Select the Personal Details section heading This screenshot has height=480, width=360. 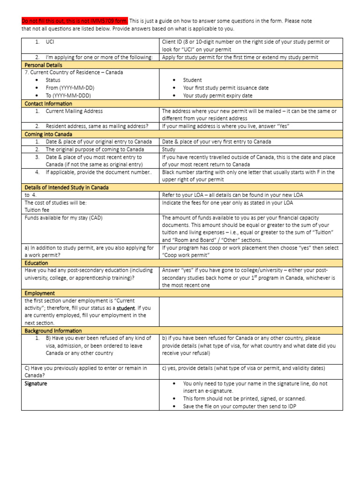click(x=43, y=65)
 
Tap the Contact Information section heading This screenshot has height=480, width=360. click(x=48, y=104)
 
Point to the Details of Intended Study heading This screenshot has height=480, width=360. click(x=66, y=187)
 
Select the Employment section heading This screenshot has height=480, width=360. click(x=40, y=293)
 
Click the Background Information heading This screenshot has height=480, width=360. click(x=53, y=331)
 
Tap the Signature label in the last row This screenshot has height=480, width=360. click(x=36, y=383)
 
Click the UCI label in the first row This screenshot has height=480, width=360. click(x=50, y=42)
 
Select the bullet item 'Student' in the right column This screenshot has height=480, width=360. click(x=192, y=80)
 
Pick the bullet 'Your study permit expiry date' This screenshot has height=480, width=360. click(x=217, y=96)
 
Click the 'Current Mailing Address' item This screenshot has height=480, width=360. click(x=74, y=111)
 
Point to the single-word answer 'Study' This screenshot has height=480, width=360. click(x=169, y=150)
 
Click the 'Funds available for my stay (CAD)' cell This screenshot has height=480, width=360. click(x=63, y=218)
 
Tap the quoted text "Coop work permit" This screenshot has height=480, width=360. click(x=186, y=255)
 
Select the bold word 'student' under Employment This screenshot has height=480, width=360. click(x=126, y=308)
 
